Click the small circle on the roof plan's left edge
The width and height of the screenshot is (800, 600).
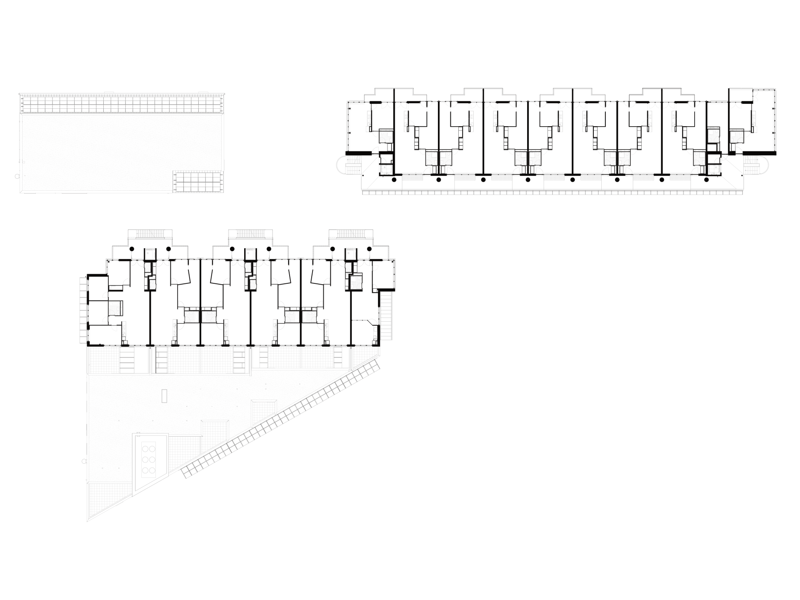(x=17, y=176)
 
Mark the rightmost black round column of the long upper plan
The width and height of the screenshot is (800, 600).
(x=706, y=180)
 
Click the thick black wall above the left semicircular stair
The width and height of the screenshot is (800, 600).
(x=359, y=153)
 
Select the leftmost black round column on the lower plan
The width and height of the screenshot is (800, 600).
(x=132, y=249)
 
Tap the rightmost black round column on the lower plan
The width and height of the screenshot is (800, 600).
(x=369, y=249)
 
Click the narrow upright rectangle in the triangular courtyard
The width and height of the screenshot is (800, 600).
(x=165, y=396)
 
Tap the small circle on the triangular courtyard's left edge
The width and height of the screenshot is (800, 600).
(x=84, y=461)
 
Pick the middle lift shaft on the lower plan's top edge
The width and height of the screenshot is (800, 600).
(x=250, y=254)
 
